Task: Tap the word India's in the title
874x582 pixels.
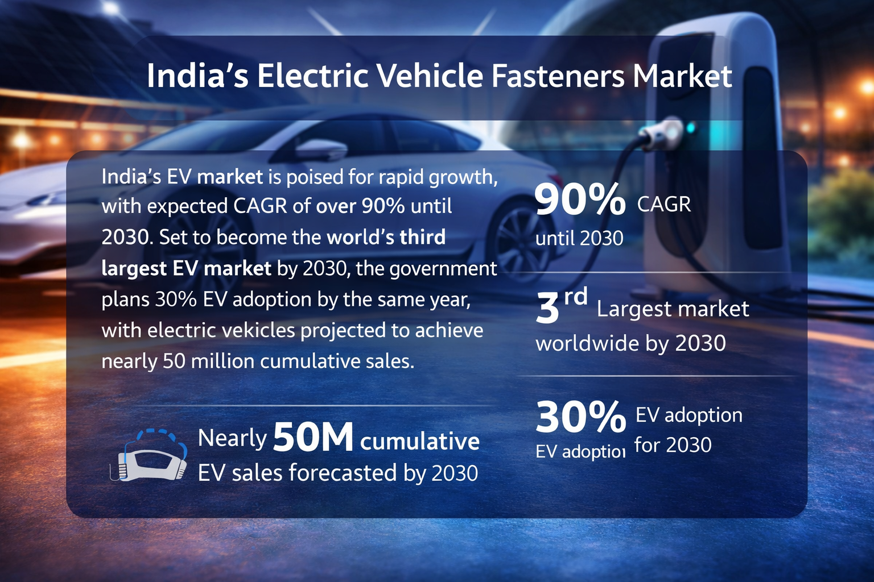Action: [x=197, y=76]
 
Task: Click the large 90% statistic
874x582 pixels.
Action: [x=579, y=199]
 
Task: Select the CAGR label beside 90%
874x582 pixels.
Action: [x=663, y=204]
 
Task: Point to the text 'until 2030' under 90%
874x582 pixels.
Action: [x=579, y=238]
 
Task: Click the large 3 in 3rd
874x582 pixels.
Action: [x=547, y=309]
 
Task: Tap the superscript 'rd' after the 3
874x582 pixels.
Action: [x=575, y=296]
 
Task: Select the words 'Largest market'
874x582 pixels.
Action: [x=673, y=309]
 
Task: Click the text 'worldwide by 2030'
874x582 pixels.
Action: [x=630, y=343]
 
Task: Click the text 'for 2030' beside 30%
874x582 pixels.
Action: [x=673, y=445]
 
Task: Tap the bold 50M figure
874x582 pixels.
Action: [x=313, y=438]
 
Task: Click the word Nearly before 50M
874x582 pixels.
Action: [x=232, y=438]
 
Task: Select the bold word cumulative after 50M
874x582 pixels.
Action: [x=420, y=441]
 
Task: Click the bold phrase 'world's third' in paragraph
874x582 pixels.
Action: [x=386, y=237]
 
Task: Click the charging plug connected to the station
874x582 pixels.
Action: [x=660, y=132]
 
